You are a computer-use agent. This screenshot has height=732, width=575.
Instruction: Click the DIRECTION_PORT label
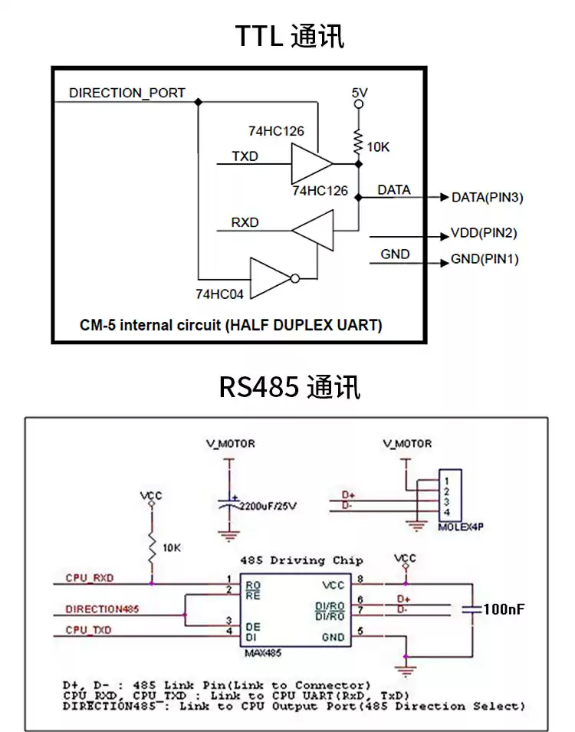(127, 93)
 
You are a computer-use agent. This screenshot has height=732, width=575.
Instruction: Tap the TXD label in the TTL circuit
(245, 157)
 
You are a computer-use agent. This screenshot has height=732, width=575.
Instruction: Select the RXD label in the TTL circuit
(245, 223)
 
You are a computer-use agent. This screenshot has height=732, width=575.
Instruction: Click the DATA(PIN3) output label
(487, 198)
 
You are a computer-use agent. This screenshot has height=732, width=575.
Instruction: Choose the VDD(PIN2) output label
(484, 233)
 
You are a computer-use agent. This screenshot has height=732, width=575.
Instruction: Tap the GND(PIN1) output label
(485, 259)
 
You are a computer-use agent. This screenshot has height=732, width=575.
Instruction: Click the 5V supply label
(360, 93)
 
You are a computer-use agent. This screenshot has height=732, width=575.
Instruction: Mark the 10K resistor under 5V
(358, 141)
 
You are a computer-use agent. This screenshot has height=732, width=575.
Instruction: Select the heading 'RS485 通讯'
(289, 386)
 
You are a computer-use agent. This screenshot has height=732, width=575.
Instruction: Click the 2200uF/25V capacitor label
(268, 507)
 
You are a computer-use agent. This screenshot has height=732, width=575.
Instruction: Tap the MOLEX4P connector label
(462, 527)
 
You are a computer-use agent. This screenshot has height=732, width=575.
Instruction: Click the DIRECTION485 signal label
(102, 609)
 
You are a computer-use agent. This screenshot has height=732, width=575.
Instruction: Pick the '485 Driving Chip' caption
(301, 560)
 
